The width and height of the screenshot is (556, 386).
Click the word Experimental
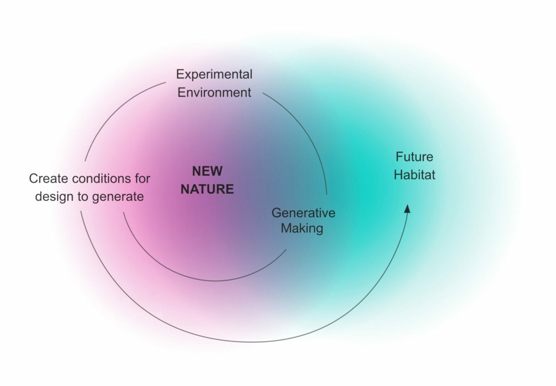point(214,74)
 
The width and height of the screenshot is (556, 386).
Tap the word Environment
point(214,93)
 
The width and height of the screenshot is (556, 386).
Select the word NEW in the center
point(207,171)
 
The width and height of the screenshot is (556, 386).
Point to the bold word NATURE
point(207,189)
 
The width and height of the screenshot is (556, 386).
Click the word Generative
point(303,213)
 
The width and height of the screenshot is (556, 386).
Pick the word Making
point(302,229)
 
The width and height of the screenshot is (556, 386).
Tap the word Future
point(414,157)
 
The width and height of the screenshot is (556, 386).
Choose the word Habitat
point(414,175)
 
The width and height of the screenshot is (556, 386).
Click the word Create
point(49,178)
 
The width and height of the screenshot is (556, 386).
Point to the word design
point(54,196)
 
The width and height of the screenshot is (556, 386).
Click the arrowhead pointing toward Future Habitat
point(407,208)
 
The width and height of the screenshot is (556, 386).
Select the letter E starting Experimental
point(180,74)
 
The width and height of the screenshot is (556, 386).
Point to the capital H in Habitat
point(398,175)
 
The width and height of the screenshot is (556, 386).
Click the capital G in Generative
point(276,213)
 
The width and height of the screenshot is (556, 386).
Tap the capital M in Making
point(286,228)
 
